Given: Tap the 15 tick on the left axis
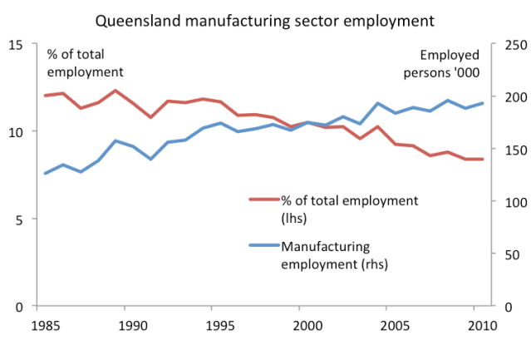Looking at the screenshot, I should [x=17, y=44].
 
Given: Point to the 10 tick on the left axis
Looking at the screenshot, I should [x=17, y=131].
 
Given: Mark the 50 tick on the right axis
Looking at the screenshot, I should [x=505, y=254].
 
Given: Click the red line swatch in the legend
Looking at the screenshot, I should [x=264, y=200].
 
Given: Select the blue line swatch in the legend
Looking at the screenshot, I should [x=264, y=246].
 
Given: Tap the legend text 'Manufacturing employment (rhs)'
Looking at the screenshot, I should [x=335, y=254].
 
